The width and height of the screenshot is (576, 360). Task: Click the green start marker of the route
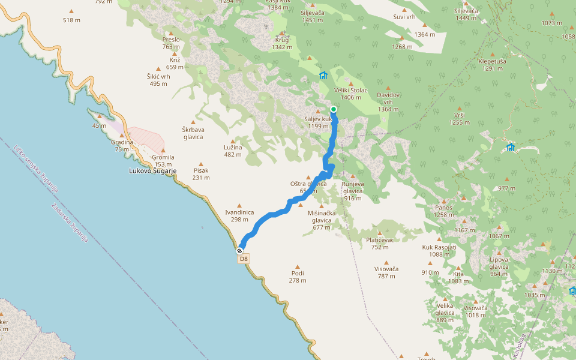click(x=333, y=109)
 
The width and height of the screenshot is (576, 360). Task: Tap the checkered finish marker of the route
click(x=240, y=250)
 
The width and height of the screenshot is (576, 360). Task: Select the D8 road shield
click(x=243, y=259)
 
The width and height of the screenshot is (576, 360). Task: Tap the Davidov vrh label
click(x=389, y=95)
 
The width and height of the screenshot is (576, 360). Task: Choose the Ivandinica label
click(x=239, y=212)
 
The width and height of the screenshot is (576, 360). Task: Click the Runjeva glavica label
click(x=353, y=184)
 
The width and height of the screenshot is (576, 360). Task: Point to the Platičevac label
click(x=380, y=240)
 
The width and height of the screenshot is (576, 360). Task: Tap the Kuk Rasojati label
click(x=439, y=247)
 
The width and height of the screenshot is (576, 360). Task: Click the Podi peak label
click(x=297, y=273)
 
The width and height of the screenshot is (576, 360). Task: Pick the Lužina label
click(x=233, y=147)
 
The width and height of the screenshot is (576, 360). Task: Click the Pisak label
click(x=201, y=170)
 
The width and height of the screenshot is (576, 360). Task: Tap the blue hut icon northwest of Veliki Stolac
click(x=323, y=75)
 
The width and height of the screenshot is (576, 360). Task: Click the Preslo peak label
click(x=171, y=40)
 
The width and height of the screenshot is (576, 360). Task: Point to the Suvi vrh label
click(x=403, y=16)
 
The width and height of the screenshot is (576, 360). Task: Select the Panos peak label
click(x=444, y=208)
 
